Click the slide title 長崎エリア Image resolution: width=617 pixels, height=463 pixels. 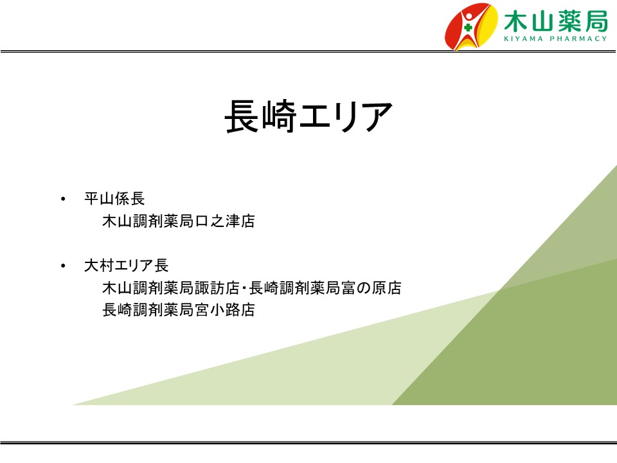click(x=308, y=116)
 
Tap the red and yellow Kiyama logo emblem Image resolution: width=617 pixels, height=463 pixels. click(x=470, y=26)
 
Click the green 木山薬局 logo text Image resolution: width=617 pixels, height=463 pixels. click(x=555, y=21)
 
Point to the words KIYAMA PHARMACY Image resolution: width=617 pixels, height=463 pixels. click(x=555, y=39)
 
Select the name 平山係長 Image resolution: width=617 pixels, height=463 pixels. click(x=114, y=199)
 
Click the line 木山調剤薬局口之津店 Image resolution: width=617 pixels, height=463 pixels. click(x=178, y=221)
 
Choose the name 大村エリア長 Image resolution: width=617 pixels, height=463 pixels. click(x=127, y=266)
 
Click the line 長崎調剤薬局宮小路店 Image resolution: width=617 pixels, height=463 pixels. click(x=178, y=310)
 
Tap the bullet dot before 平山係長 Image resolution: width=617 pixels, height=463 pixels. click(x=63, y=199)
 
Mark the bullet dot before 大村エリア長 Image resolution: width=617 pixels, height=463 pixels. click(x=63, y=266)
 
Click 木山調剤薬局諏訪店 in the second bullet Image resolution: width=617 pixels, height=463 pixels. click(x=171, y=288)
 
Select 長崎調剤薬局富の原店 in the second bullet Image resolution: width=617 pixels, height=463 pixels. click(x=325, y=288)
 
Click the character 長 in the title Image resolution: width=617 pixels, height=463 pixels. click(x=241, y=116)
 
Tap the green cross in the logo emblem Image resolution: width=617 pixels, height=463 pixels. click(x=468, y=28)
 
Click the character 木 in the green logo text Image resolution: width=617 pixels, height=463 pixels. click(x=516, y=21)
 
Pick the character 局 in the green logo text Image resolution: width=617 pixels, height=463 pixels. click(x=596, y=21)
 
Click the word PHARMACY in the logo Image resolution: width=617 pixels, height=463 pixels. click(x=578, y=39)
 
